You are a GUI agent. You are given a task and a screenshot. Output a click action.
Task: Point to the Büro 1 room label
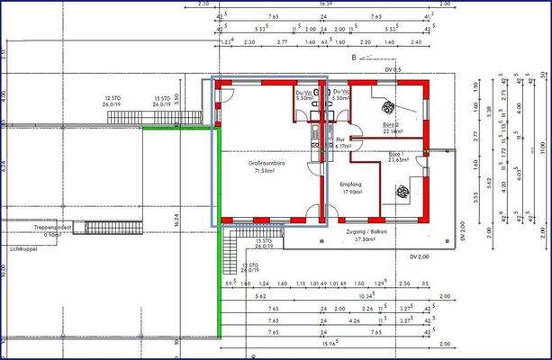(x=396, y=154)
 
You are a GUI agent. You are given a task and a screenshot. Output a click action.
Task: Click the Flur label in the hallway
(x=340, y=140)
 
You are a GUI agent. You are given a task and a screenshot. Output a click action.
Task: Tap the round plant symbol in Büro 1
(x=401, y=189)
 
